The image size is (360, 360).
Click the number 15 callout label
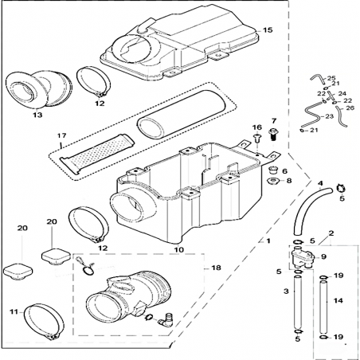[268, 30]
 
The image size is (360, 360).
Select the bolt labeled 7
[273, 135]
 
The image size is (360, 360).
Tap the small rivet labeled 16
[257, 138]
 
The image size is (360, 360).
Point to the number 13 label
[37, 115]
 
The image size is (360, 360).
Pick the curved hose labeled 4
[312, 209]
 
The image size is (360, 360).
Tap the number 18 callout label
[216, 268]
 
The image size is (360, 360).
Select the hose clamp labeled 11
[45, 322]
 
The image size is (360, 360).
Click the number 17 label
[61, 135]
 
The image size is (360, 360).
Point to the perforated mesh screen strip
[97, 153]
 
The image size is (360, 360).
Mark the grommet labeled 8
[272, 182]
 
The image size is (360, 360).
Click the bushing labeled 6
[272, 169]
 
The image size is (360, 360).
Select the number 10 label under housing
[179, 250]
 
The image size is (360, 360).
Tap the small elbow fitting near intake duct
[165, 319]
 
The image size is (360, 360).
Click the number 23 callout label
[329, 116]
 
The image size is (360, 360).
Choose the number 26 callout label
[350, 108]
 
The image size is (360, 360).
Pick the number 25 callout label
[331, 78]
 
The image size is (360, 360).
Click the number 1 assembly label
[268, 241]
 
